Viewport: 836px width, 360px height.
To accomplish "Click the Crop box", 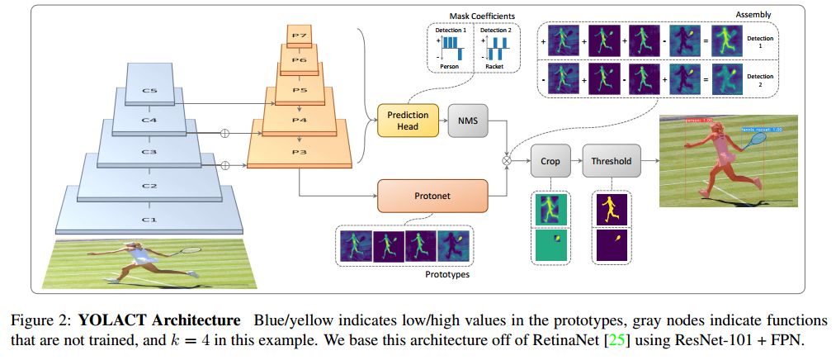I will point(550,161).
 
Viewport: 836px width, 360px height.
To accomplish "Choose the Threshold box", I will point(612,161).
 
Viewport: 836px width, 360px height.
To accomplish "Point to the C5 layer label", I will point(149,92).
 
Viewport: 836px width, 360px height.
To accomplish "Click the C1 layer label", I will point(149,218).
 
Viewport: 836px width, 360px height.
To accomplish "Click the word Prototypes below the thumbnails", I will point(446,274).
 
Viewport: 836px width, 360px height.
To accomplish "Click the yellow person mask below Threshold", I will point(612,208).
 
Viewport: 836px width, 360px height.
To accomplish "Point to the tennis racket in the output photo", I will point(756,141).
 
